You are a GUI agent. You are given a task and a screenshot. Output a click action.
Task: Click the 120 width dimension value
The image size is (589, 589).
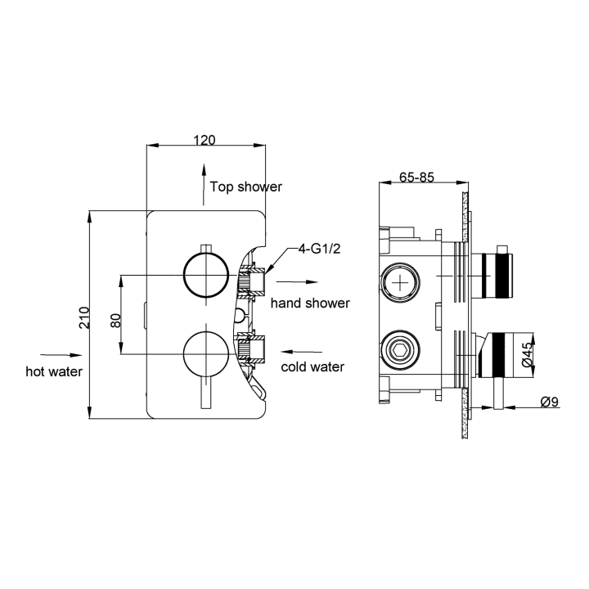tap(205, 140)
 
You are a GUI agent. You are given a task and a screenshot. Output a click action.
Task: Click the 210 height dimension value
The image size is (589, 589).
tap(83, 317)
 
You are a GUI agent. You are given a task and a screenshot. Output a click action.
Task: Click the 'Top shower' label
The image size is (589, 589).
tap(245, 187)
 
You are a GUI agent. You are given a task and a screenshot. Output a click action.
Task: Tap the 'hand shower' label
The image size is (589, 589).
tap(310, 303)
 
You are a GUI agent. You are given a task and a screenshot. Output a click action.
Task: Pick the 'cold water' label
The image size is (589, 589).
tap(312, 366)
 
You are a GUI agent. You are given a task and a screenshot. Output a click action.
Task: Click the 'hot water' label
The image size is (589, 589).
tap(55, 371)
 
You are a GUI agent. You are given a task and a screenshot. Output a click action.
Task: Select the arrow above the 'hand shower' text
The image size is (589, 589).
tap(292, 288)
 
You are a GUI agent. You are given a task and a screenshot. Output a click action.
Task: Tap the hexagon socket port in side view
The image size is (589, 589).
tap(401, 350)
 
